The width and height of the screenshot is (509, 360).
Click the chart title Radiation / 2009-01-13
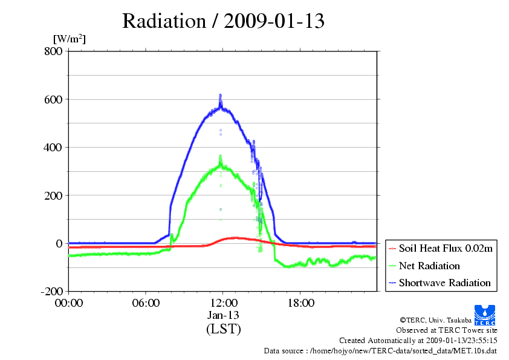[x=223, y=21]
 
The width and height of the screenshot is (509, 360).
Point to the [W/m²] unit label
[x=70, y=39]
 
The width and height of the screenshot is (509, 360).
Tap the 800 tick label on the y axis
[x=54, y=51]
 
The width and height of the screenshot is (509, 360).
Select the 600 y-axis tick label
[x=54, y=99]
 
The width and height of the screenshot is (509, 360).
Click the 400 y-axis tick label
[x=53, y=148]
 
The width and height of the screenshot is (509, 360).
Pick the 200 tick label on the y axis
[x=54, y=195]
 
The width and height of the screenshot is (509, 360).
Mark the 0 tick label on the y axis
[x=59, y=244]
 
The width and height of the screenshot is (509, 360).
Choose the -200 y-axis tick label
[x=52, y=292]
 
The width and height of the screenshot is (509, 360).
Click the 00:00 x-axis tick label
[x=69, y=303]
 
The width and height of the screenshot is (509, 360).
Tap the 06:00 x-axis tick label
[x=146, y=303]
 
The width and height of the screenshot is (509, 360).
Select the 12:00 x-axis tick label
[x=224, y=303]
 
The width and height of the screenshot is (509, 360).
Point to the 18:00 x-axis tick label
[x=301, y=303]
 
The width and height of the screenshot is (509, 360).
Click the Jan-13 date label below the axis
[x=223, y=315]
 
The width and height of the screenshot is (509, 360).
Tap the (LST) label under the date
[x=224, y=329]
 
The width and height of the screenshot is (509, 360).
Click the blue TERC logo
[x=485, y=315]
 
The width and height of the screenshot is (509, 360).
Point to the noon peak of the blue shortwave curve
[x=221, y=95]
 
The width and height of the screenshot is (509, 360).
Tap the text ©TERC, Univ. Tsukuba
[x=436, y=320]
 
